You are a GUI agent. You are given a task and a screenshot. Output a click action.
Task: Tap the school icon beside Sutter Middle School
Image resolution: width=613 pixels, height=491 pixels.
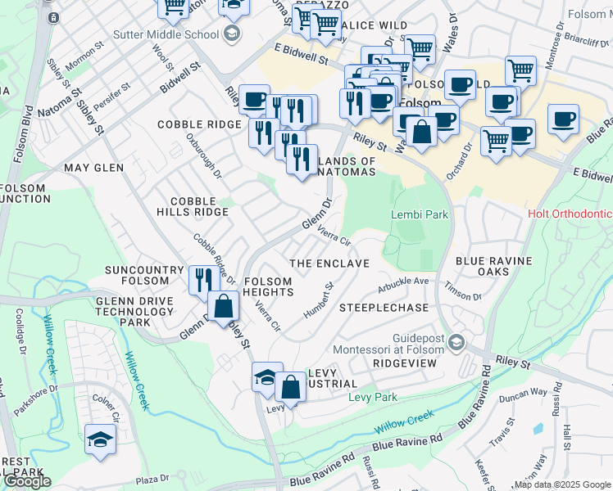(x=232, y=34)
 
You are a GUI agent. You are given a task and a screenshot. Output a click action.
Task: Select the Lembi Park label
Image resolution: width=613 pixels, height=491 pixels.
(x=420, y=214)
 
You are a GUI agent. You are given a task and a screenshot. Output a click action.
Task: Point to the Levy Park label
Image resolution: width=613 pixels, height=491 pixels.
(x=372, y=397)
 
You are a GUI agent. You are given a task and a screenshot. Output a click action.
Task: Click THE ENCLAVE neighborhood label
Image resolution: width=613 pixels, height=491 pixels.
(x=330, y=264)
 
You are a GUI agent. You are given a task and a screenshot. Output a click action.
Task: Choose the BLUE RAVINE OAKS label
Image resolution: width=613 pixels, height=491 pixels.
(x=494, y=266)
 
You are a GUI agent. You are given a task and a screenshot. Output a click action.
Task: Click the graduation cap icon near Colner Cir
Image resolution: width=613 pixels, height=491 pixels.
(x=100, y=439)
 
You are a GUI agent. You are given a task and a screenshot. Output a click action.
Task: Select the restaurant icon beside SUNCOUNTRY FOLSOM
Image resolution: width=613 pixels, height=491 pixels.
(x=202, y=280)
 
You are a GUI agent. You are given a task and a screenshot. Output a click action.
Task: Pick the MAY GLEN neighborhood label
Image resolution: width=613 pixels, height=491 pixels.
(x=93, y=168)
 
